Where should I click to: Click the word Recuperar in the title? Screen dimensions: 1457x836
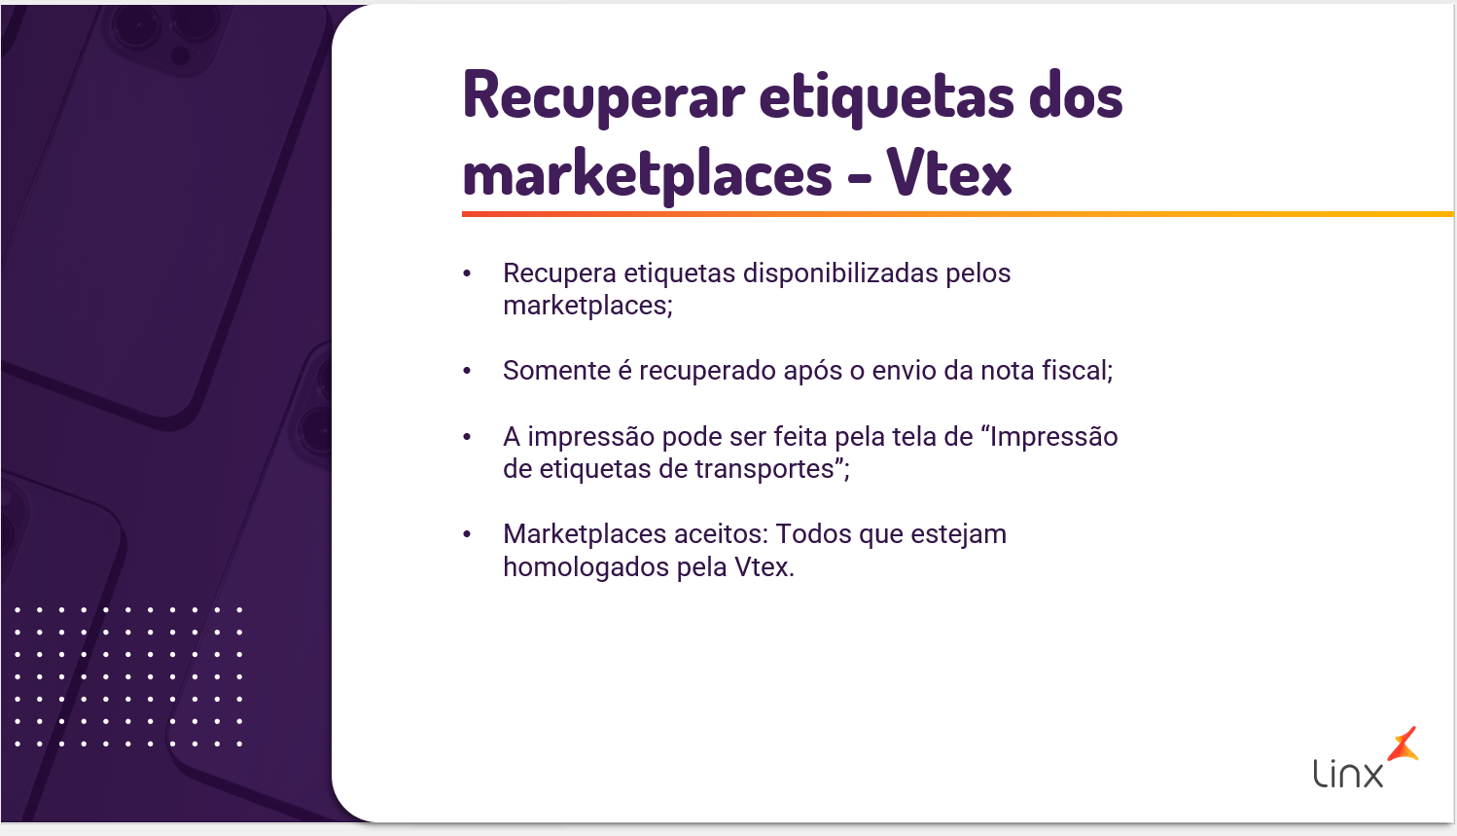[604, 96]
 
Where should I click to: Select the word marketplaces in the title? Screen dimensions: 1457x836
[647, 173]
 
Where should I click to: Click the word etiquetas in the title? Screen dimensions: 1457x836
[887, 97]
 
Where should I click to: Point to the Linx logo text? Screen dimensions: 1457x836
[1348, 774]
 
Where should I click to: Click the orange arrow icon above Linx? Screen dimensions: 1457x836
[1403, 745]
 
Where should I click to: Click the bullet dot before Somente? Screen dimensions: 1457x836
[467, 371]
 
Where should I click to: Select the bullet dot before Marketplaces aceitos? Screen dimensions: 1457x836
[467, 534]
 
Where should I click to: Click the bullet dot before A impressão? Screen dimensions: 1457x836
[467, 436]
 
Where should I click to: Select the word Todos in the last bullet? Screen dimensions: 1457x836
[814, 534]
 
